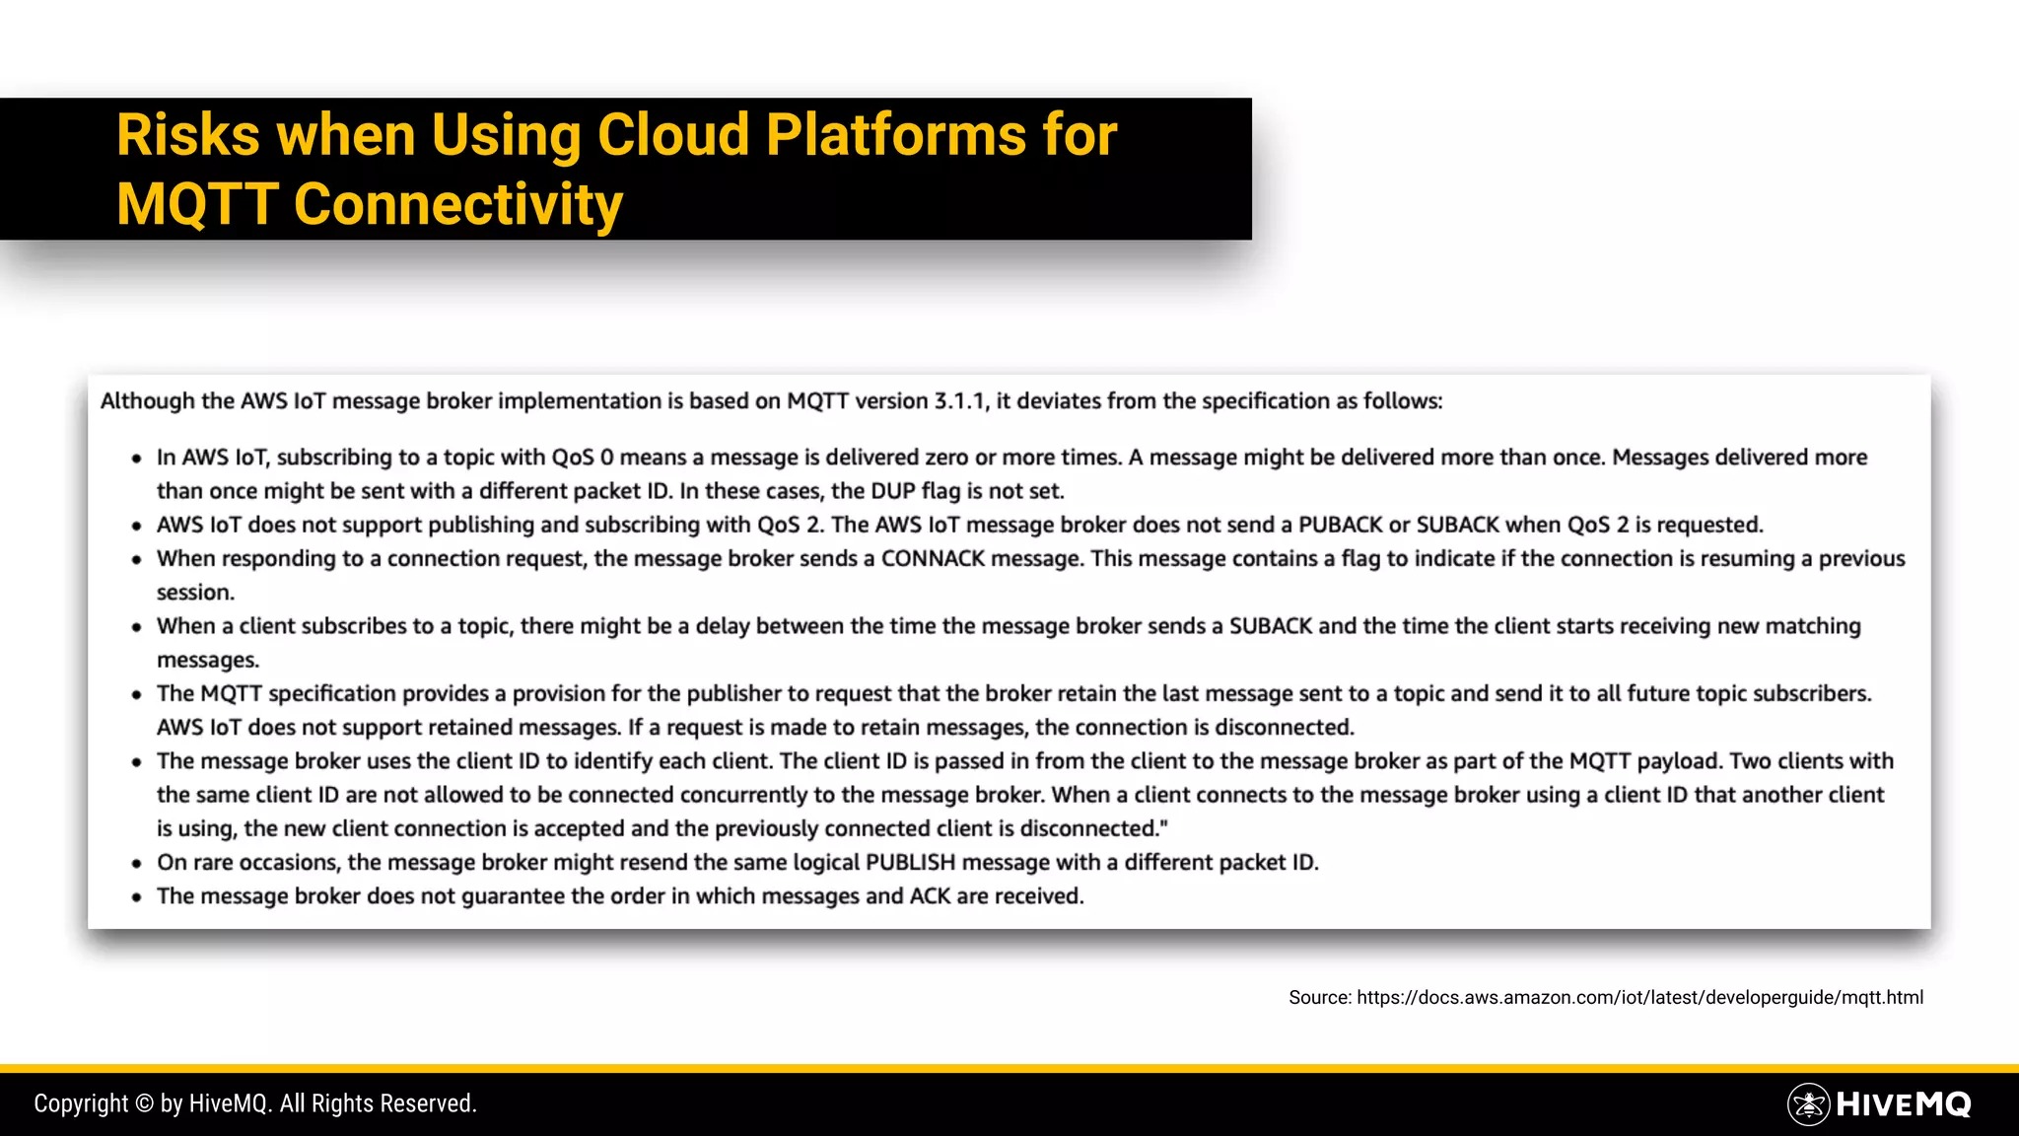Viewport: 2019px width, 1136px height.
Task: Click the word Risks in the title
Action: click(188, 135)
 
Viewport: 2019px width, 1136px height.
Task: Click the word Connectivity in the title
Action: click(457, 205)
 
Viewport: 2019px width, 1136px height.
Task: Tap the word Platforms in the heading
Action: click(895, 135)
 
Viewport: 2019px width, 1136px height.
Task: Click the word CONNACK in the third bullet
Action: click(933, 559)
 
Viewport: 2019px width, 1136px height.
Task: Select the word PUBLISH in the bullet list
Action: click(910, 863)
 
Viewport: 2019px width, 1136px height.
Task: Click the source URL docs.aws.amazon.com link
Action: click(1639, 998)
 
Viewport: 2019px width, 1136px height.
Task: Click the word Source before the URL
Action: click(1319, 998)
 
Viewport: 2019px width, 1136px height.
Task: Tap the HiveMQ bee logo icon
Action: click(1808, 1104)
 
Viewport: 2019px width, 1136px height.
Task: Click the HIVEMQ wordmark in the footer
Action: click(1903, 1104)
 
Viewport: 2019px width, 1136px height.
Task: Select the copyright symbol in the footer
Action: click(144, 1104)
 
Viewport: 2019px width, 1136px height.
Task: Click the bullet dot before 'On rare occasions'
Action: click(137, 864)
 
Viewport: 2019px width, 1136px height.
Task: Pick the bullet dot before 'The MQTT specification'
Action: click(137, 695)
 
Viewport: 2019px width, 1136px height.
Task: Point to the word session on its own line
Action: click(194, 593)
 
